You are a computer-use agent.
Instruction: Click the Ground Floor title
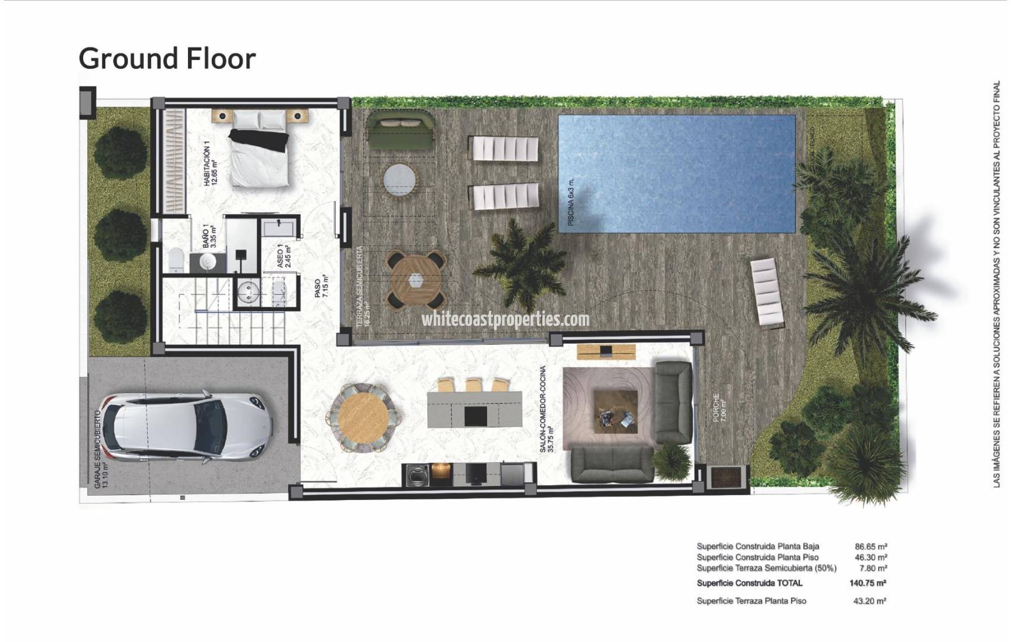(x=167, y=58)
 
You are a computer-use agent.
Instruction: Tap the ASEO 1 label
(x=282, y=257)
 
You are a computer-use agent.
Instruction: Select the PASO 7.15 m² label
(x=321, y=291)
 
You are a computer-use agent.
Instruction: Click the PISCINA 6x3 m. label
(x=571, y=202)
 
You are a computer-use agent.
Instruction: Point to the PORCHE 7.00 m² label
(x=720, y=408)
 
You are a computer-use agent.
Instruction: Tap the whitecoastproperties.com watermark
(x=505, y=319)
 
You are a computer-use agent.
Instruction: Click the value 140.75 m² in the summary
(x=868, y=583)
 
